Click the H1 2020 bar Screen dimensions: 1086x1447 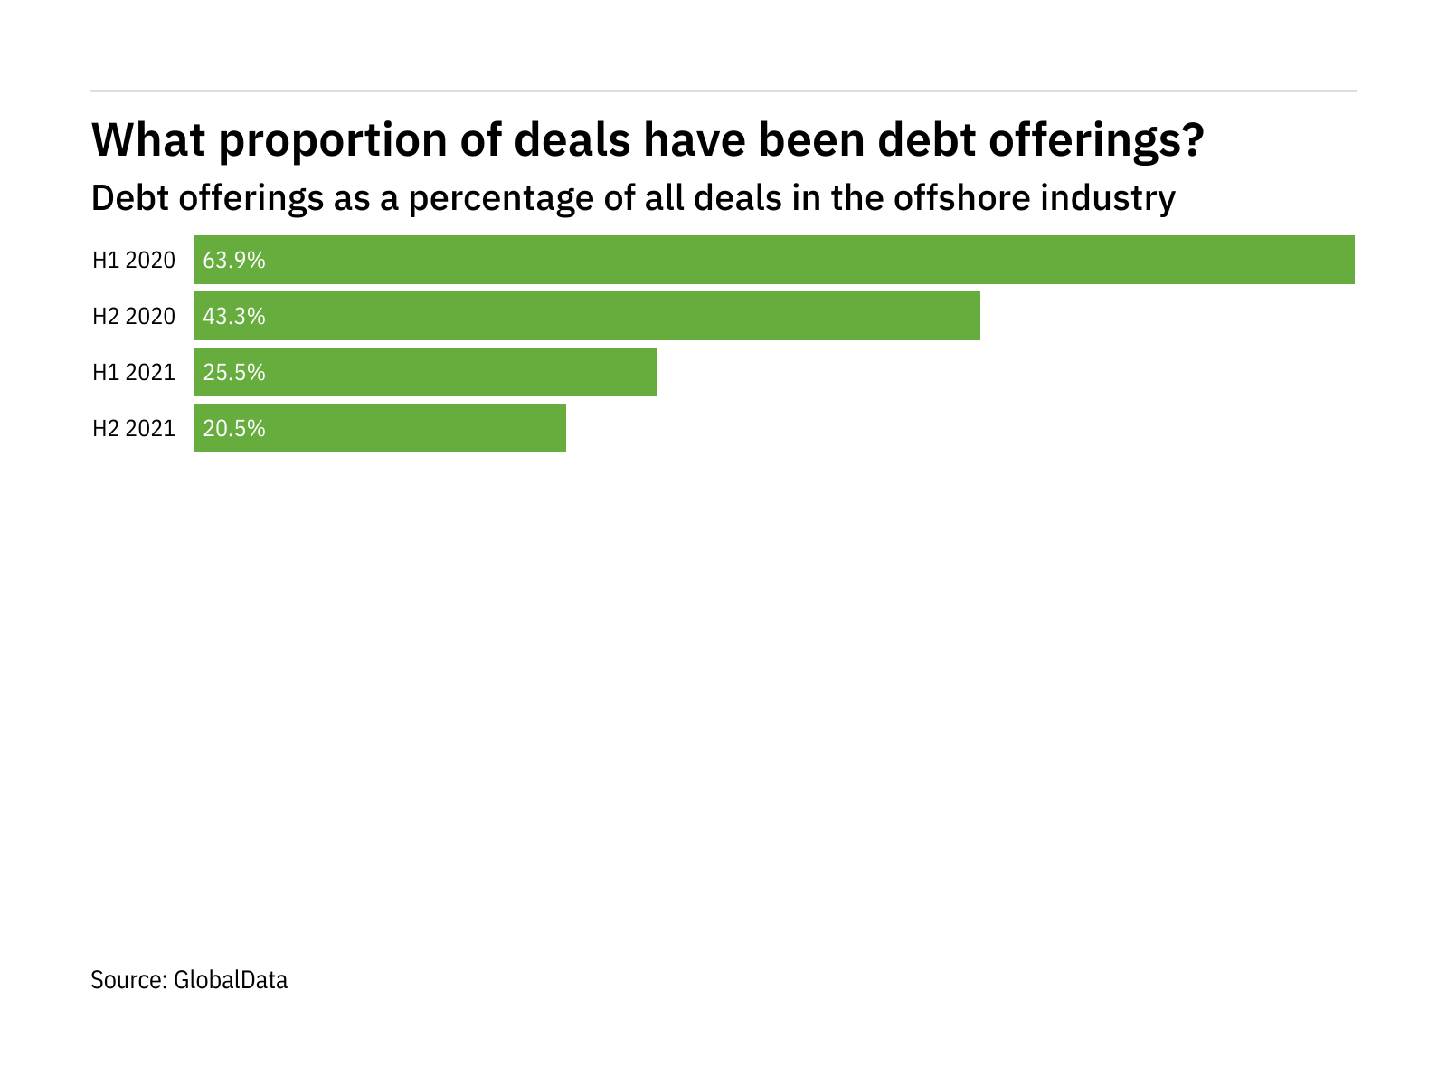pyautogui.click(x=774, y=260)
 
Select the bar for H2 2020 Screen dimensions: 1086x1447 pyautogui.click(x=587, y=316)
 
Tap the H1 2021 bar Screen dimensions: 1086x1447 pyautogui.click(x=425, y=372)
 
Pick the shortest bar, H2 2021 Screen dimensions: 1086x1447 pyautogui.click(x=380, y=428)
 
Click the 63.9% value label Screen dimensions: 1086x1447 pyautogui.click(x=234, y=261)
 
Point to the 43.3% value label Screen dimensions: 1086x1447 pyautogui.click(x=234, y=317)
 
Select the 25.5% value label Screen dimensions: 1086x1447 pyautogui.click(x=234, y=373)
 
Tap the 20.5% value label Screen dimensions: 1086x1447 pyautogui.click(x=234, y=429)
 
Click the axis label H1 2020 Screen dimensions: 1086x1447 pyautogui.click(x=134, y=261)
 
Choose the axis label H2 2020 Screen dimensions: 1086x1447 pyautogui.click(x=134, y=317)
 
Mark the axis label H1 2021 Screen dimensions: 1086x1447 pyautogui.click(x=134, y=373)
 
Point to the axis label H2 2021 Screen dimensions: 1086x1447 pyautogui.click(x=134, y=429)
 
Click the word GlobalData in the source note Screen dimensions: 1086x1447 pyautogui.click(x=231, y=980)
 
